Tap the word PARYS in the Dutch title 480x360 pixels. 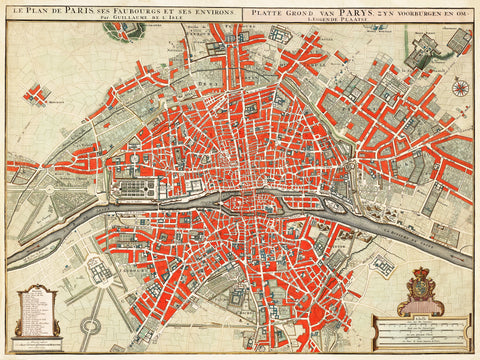coord(339,11)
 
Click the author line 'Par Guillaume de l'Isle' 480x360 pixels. coord(120,19)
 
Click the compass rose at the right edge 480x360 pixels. coord(460,87)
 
